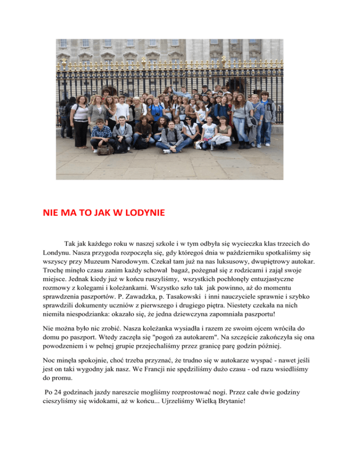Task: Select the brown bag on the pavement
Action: point(106,150)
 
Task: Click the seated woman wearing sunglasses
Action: point(190,133)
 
